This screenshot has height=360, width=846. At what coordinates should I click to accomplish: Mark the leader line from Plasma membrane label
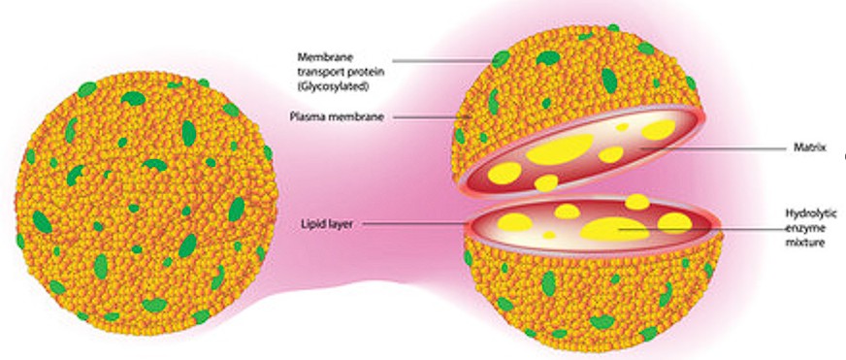tap(427, 117)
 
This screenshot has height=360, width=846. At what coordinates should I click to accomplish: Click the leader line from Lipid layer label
tap(417, 223)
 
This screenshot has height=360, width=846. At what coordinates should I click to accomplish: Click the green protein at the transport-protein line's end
tap(501, 59)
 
